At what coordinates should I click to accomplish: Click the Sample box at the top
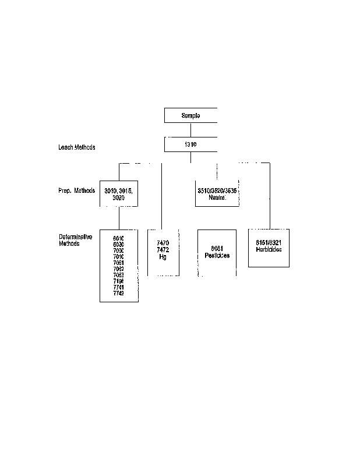coord(190,115)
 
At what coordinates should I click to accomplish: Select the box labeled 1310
coord(190,144)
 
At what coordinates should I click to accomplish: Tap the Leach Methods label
coord(76,147)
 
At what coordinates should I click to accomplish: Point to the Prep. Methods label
coord(76,191)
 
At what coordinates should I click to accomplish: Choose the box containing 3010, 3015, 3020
coord(119,194)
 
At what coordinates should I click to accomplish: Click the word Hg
coord(163,256)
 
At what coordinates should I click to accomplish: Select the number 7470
coord(163,242)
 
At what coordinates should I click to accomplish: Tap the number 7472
coord(163,249)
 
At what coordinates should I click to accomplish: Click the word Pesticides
coord(217,256)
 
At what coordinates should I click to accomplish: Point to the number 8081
coord(217,249)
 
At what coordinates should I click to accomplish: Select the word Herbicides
coord(269,249)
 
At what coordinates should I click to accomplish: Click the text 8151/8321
coord(269,242)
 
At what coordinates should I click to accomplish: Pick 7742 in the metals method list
coord(119,293)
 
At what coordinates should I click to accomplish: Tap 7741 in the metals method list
coord(119,287)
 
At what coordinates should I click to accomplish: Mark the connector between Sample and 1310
coord(190,130)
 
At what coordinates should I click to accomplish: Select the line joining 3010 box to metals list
coord(119,218)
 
